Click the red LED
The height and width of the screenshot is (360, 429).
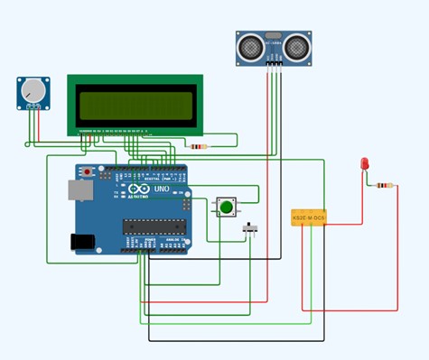coord(364,163)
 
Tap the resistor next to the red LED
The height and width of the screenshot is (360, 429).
coord(385,186)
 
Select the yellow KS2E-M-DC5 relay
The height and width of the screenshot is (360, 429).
coord(309,217)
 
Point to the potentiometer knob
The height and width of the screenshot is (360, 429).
coord(33,90)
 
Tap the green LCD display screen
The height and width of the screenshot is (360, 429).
coord(135,105)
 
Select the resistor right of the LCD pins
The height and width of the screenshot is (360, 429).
coord(197,146)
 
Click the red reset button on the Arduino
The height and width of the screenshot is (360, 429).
coord(87,171)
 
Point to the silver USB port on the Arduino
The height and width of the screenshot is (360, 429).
coord(79,190)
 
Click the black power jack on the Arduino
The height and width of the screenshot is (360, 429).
coord(82,241)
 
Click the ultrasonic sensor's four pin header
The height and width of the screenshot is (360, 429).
coord(273,63)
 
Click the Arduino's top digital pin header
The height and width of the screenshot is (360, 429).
coord(150,169)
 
